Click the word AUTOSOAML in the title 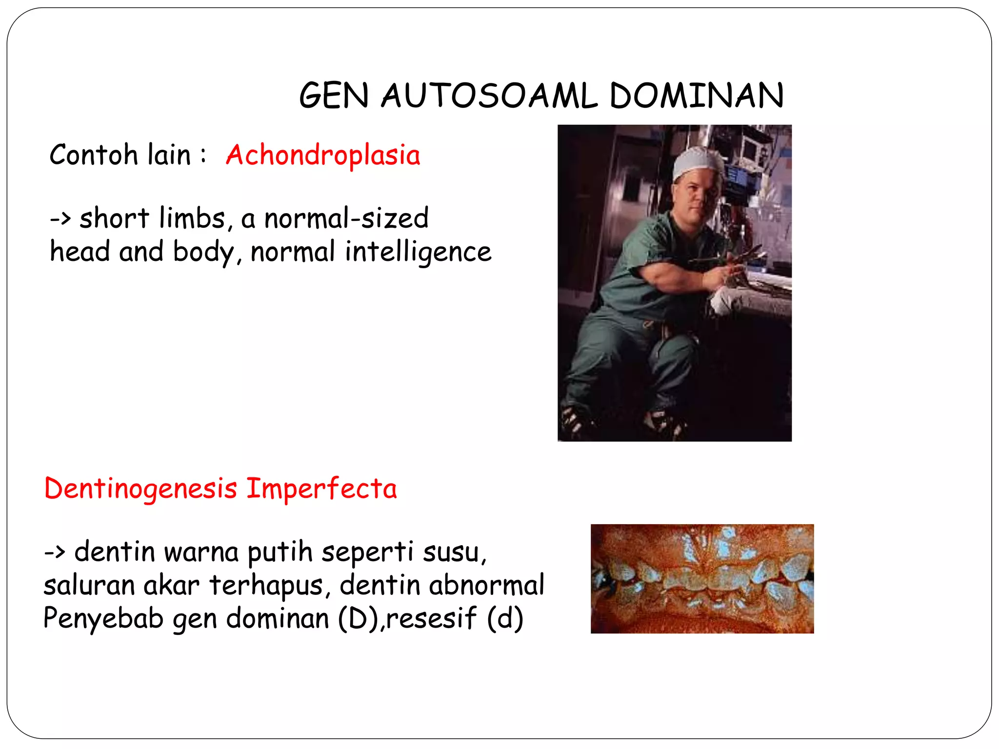point(489,96)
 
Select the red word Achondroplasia point(323,155)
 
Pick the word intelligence point(418,252)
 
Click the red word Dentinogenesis point(140,489)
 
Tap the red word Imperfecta point(321,489)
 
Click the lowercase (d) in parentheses point(505,618)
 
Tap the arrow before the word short point(61,219)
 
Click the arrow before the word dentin point(55,553)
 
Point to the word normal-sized point(346,218)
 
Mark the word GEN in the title point(334,96)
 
